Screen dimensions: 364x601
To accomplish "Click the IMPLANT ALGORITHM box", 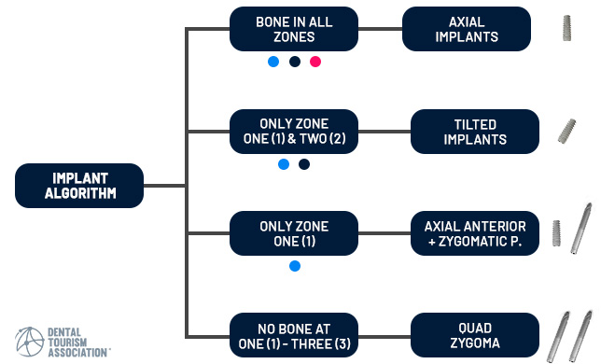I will [x=79, y=186].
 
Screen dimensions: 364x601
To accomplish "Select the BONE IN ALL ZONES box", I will [x=293, y=29].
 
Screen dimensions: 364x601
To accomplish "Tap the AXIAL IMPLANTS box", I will [x=467, y=29].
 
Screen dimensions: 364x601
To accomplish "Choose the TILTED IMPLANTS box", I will [x=475, y=132].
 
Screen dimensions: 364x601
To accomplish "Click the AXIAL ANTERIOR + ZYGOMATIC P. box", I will [x=475, y=233].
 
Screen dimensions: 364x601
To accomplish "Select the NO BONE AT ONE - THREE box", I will [x=293, y=336].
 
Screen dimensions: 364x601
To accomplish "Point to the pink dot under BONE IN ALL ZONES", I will [x=315, y=63].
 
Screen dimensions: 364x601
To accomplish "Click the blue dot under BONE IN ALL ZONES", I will [x=273, y=63].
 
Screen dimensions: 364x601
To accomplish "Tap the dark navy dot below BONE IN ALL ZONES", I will [x=295, y=63].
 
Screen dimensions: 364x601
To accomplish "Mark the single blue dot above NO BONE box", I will [x=295, y=266].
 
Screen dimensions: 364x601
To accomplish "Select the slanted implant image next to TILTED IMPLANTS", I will [x=566, y=132].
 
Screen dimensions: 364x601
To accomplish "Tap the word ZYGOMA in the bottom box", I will [x=475, y=343].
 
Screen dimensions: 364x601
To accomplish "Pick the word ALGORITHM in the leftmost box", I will [x=79, y=194].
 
